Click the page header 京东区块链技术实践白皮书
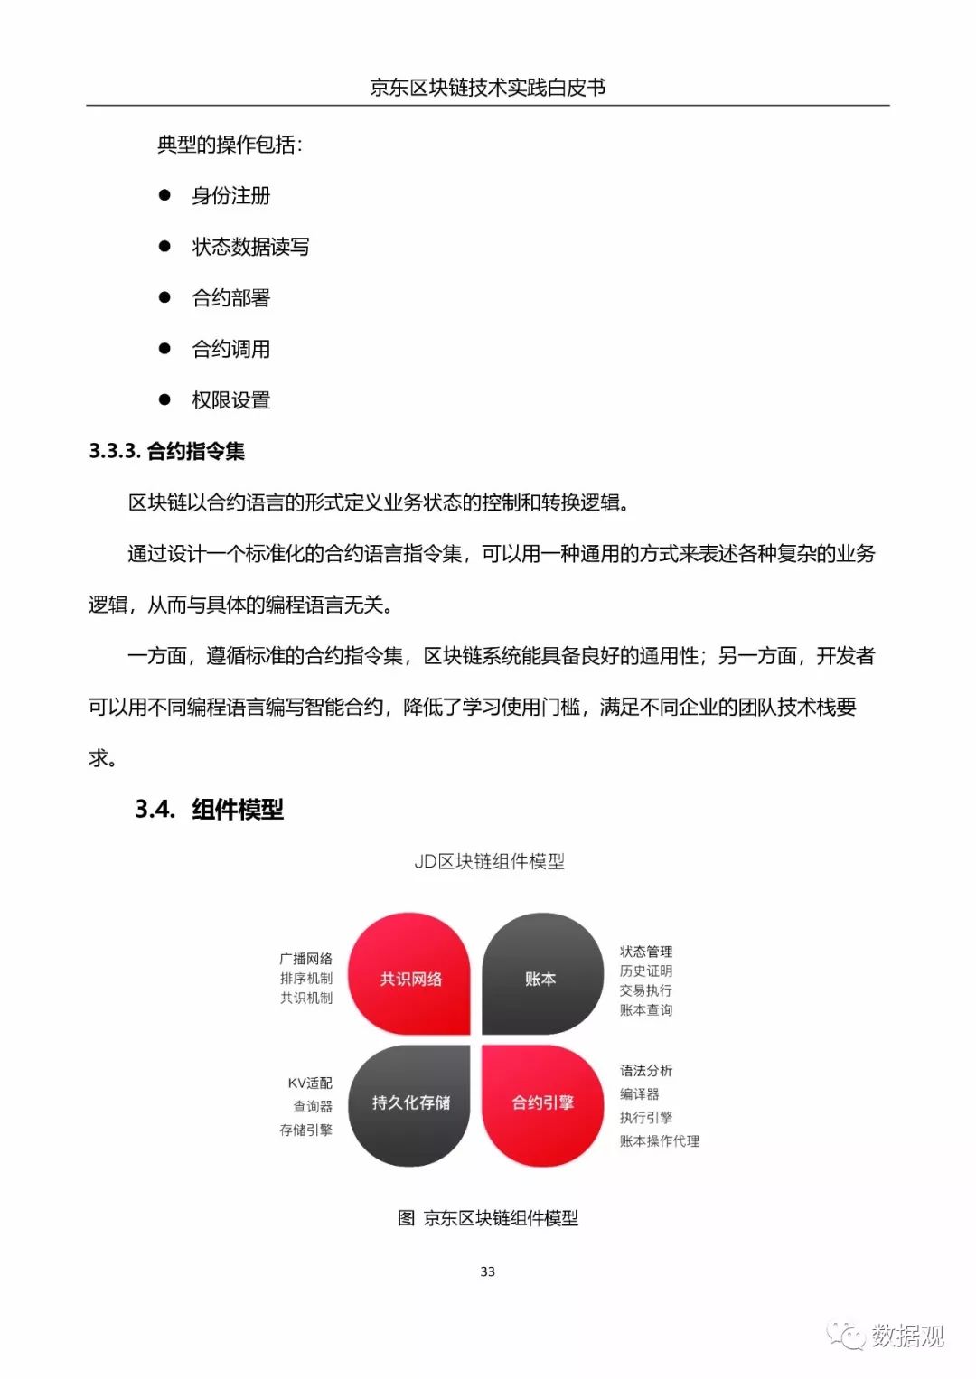point(487,88)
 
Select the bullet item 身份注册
point(230,196)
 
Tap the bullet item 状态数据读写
point(250,247)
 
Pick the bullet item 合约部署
point(230,298)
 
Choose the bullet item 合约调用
point(230,349)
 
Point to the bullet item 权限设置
point(230,400)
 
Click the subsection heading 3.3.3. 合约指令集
point(167,451)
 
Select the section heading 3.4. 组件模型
point(210,809)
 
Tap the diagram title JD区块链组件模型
point(489,861)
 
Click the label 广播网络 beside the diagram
point(305,958)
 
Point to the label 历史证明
point(645,971)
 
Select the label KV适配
point(310,1083)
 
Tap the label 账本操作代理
point(659,1141)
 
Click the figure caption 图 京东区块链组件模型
point(488,1218)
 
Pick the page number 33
point(488,1271)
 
